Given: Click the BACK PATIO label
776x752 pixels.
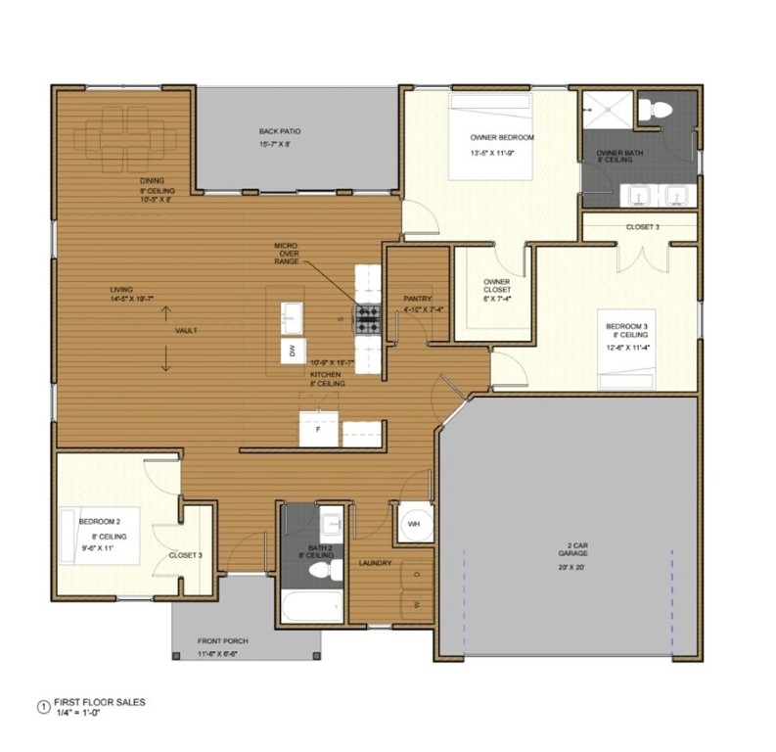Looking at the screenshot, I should pos(279,131).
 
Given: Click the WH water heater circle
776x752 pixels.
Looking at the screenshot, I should pos(413,523).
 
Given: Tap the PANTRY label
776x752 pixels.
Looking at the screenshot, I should pos(418,299).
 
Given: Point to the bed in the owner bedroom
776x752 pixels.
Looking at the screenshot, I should pos(490,136).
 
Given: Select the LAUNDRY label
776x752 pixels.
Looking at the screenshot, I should pos(375,563).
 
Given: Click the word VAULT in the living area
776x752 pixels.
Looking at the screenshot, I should pos(186,331).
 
